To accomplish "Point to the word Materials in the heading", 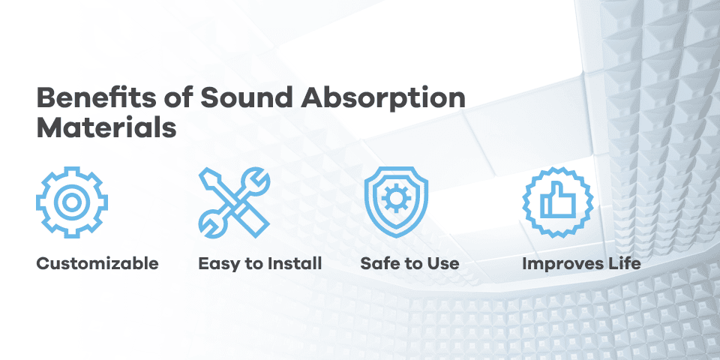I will click(106, 127).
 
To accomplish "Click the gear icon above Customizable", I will click(72, 202).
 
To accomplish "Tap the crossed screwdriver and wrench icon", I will click(234, 202).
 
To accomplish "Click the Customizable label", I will click(97, 264).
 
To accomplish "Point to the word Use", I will click(442, 264).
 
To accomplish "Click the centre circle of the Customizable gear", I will click(72, 202).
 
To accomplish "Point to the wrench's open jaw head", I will click(254, 181).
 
